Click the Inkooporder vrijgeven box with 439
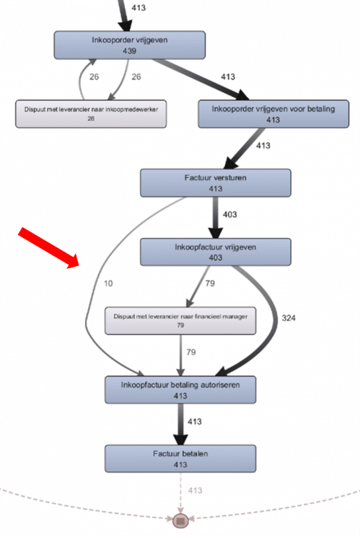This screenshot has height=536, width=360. pos(130,44)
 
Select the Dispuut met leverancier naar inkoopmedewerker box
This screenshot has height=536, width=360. pos(91,114)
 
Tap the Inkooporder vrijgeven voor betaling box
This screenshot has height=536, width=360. pos(276,113)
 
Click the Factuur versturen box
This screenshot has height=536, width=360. pos(216,183)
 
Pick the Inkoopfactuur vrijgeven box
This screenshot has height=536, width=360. pos(216,252)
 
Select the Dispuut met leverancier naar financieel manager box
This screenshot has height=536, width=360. pos(181,321)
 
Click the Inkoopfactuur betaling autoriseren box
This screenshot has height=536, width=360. pos(180,389)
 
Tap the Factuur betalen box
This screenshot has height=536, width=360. pos(180,458)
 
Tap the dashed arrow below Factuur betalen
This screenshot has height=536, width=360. pos(181,493)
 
